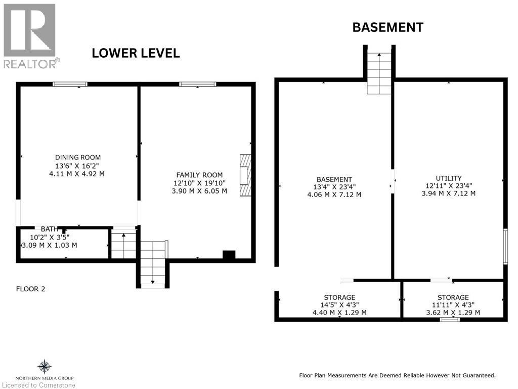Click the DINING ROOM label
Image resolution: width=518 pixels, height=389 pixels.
(77, 158)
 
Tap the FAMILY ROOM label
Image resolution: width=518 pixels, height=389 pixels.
(199, 175)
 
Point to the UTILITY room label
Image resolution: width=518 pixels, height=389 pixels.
(448, 178)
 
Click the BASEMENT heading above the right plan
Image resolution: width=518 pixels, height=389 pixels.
(388, 27)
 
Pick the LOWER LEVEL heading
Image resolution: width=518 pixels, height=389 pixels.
(136, 53)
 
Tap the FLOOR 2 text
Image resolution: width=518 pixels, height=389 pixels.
(30, 289)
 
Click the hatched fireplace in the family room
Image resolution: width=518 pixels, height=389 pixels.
(245, 175)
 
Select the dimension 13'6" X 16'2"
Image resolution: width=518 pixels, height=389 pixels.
(77, 166)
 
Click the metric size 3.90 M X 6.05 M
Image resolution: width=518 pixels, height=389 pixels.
(199, 191)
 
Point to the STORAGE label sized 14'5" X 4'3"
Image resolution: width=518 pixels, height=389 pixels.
(339, 297)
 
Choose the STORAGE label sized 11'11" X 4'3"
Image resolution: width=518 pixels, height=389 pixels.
(453, 297)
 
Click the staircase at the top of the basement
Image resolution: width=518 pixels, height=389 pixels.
(379, 73)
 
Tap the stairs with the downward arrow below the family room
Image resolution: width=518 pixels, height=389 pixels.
(153, 263)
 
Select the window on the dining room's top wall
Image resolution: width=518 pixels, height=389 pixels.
(70, 84)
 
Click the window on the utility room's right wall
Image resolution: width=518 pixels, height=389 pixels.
(505, 246)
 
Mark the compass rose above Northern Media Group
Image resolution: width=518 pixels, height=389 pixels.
(45, 367)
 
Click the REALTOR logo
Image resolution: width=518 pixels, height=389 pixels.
(30, 36)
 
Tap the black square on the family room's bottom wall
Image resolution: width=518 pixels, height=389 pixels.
(229, 255)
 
